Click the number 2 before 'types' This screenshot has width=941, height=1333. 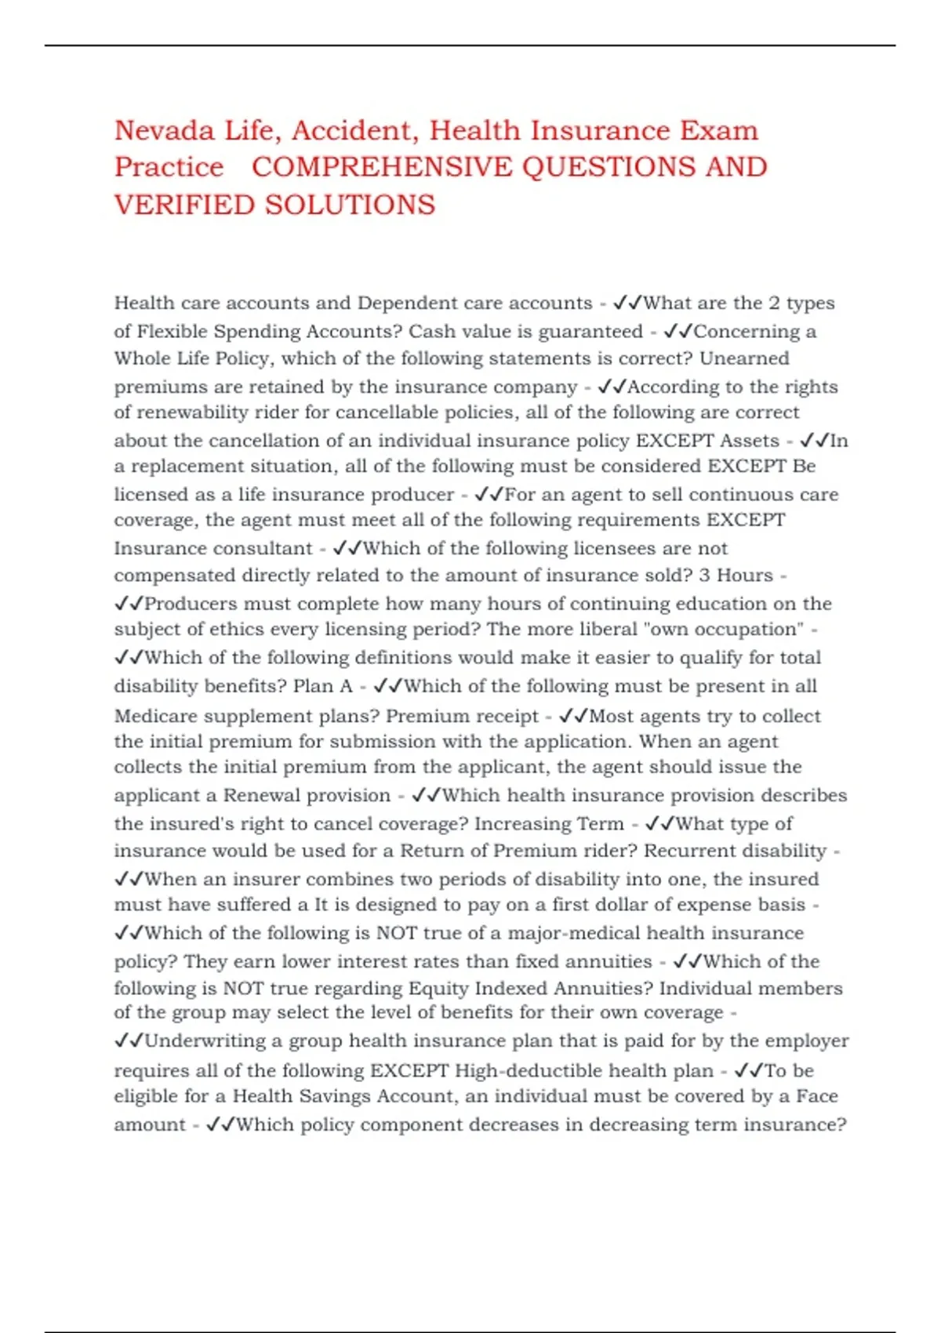click(x=774, y=303)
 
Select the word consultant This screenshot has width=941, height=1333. click(x=269, y=548)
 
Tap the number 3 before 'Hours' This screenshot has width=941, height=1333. click(x=705, y=576)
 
